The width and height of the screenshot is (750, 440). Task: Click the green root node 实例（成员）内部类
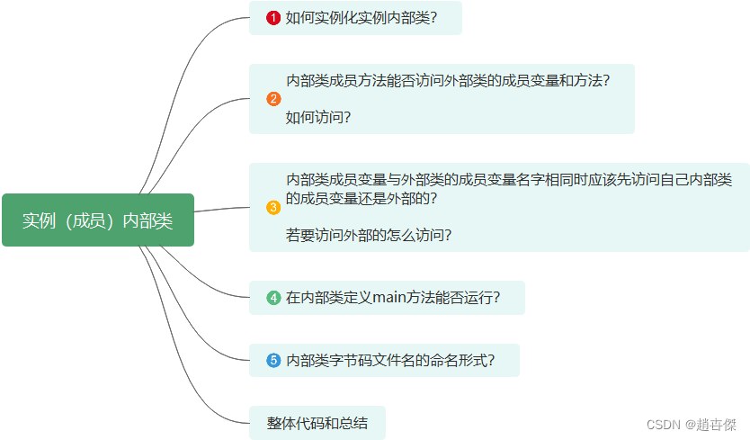tap(97, 220)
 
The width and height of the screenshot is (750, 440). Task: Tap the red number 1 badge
tap(273, 17)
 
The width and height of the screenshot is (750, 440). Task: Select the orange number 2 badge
tap(273, 99)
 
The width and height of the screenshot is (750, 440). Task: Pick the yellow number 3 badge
tap(273, 208)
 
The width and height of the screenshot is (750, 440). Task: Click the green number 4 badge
tap(273, 298)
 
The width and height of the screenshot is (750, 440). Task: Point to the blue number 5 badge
tap(273, 361)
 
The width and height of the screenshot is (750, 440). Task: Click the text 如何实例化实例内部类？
tap(361, 17)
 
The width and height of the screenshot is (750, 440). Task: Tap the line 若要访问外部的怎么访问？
tap(369, 236)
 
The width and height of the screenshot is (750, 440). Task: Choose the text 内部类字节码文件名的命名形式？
tap(390, 361)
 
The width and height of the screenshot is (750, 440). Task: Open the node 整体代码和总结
tap(317, 423)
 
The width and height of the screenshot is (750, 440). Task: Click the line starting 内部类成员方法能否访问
tap(448, 80)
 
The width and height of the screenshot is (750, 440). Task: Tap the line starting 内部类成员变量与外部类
tap(508, 179)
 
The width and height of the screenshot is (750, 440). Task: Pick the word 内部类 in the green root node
tap(147, 220)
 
